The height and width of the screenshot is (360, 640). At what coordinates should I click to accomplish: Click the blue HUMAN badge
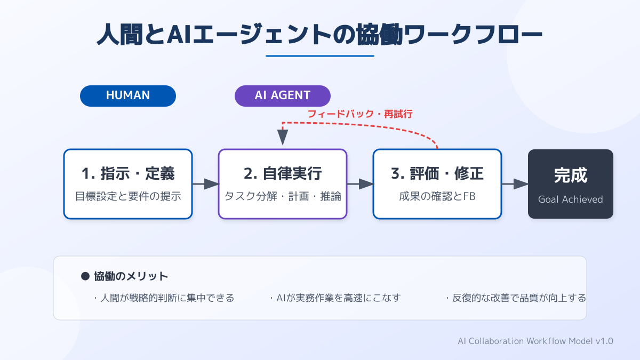pyautogui.click(x=127, y=95)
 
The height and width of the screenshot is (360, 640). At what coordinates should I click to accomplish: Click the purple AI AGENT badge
pyautogui.click(x=283, y=95)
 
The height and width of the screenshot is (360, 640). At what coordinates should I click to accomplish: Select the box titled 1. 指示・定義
pyautogui.click(x=128, y=184)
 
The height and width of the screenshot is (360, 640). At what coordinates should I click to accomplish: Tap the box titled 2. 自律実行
pyautogui.click(x=283, y=184)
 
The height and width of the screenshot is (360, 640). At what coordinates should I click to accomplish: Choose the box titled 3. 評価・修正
pyautogui.click(x=437, y=184)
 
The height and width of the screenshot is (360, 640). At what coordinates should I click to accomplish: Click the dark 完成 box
pyautogui.click(x=571, y=184)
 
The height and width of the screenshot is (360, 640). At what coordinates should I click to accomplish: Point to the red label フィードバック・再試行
pyautogui.click(x=360, y=114)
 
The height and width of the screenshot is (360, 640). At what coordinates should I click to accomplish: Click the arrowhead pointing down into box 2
pyautogui.click(x=283, y=137)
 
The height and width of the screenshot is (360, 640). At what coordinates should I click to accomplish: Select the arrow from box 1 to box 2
pyautogui.click(x=206, y=184)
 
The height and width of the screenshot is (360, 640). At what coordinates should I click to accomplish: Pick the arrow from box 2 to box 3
pyautogui.click(x=361, y=184)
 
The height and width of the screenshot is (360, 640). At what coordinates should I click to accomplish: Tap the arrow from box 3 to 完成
pyautogui.click(x=515, y=184)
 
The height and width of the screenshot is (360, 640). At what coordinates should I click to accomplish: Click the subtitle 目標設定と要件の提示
pyautogui.click(x=128, y=196)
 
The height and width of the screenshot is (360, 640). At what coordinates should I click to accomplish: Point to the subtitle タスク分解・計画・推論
pyautogui.click(x=283, y=196)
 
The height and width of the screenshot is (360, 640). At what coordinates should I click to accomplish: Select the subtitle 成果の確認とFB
pyautogui.click(x=437, y=196)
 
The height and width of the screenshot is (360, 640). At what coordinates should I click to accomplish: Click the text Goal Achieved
pyautogui.click(x=571, y=199)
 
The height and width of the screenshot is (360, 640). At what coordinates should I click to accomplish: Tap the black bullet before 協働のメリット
pyautogui.click(x=85, y=276)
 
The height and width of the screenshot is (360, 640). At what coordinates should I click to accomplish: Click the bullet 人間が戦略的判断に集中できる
pyautogui.click(x=164, y=298)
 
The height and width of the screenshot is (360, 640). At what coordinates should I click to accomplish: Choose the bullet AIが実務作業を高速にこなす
pyautogui.click(x=335, y=298)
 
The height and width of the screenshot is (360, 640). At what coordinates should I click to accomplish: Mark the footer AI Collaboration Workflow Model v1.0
pyautogui.click(x=535, y=341)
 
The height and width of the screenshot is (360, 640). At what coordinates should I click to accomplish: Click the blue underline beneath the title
pyautogui.click(x=320, y=56)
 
